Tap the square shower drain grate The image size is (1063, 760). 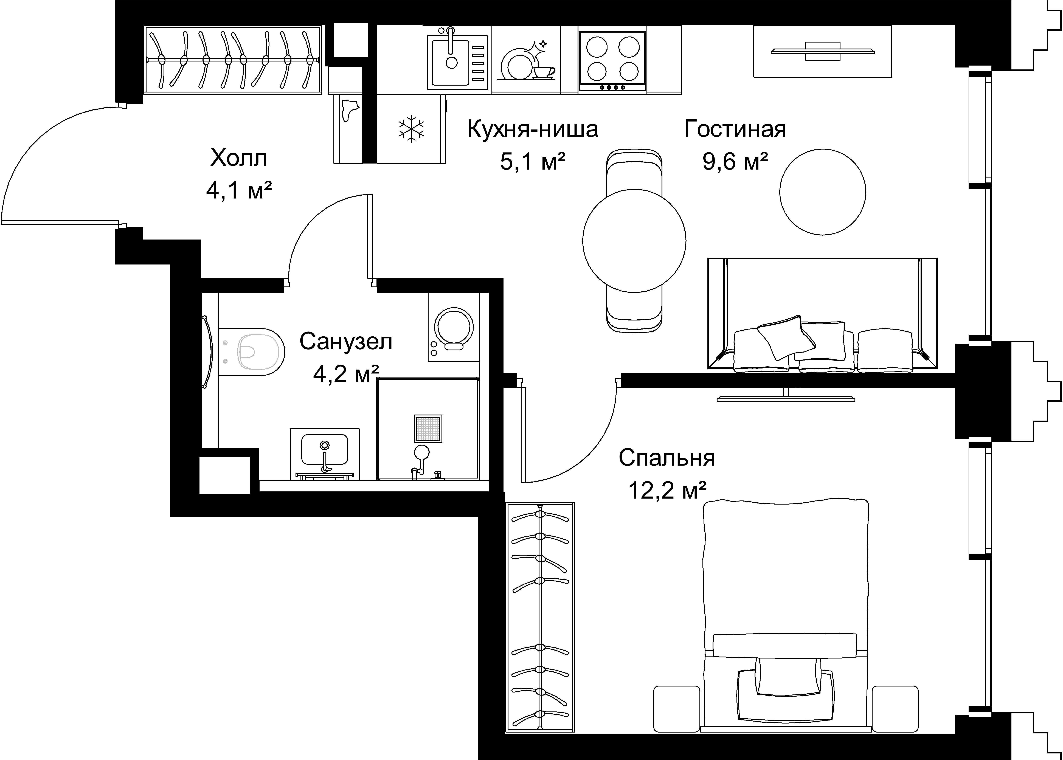pyautogui.click(x=428, y=428)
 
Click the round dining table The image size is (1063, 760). pyautogui.click(x=634, y=241)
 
